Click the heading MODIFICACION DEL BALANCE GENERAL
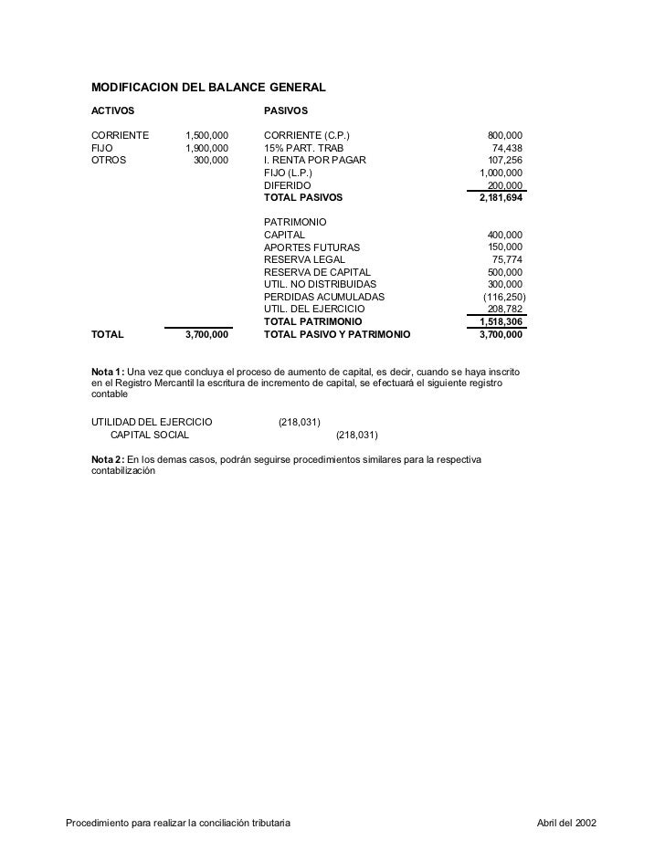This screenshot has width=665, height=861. tap(208, 88)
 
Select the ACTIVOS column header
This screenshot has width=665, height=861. tap(112, 111)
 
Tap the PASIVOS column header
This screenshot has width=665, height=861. tap(286, 111)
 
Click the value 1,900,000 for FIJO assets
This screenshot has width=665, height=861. tap(206, 149)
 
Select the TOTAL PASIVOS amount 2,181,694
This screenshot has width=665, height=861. tap(501, 197)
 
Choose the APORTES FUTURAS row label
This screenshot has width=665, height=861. tap(311, 247)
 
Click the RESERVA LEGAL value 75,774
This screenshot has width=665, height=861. tap(507, 260)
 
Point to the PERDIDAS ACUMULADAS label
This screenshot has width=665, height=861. tap(324, 298)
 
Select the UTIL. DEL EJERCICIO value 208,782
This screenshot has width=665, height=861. tap(505, 310)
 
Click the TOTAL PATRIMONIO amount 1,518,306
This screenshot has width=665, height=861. tap(501, 322)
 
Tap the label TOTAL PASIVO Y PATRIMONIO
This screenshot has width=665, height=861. tap(337, 335)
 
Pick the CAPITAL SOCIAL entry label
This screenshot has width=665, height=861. tap(150, 435)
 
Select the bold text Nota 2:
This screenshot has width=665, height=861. tap(108, 457)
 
